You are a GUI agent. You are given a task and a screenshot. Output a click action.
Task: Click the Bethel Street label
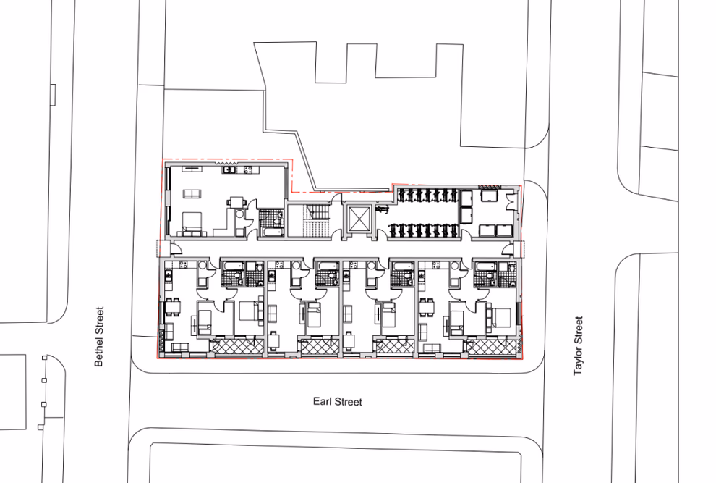99,335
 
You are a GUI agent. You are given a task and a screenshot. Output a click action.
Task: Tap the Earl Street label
337,401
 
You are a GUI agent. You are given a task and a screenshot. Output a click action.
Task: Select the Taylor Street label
577,345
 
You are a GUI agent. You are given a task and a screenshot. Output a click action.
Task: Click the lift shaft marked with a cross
359,218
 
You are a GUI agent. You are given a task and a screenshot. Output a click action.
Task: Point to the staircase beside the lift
314,221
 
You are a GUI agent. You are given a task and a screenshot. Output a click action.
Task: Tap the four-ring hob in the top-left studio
247,170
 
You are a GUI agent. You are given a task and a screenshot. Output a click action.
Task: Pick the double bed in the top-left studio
192,224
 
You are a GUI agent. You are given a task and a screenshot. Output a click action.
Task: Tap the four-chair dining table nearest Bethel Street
173,308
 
